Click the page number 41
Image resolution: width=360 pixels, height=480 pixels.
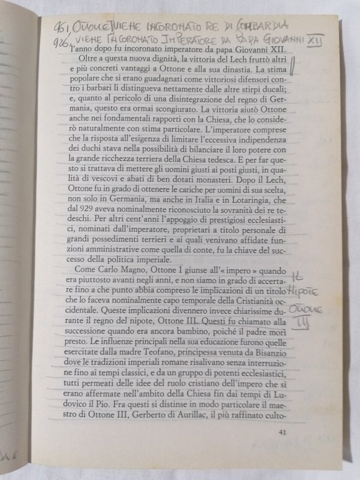pyautogui.click(x=282, y=432)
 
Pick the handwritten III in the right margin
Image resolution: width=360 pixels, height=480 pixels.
pyautogui.click(x=302, y=322)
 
